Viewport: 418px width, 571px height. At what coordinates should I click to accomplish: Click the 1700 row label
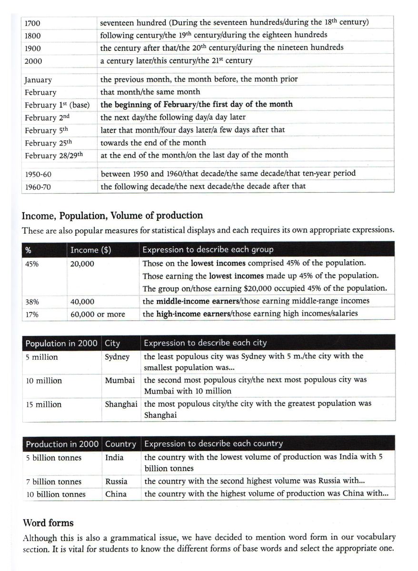coord(32,23)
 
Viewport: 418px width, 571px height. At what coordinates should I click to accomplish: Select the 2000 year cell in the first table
coord(33,61)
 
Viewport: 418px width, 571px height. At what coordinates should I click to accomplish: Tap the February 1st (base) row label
coord(57,105)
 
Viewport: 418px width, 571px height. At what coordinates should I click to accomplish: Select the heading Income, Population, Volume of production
coord(112,216)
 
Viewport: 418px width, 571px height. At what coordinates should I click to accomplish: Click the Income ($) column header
coord(90,250)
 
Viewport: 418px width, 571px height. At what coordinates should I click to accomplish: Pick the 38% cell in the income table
coord(32,302)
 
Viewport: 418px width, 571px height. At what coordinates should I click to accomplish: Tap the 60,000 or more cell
coord(98,314)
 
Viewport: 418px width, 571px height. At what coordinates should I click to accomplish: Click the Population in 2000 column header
coord(61,343)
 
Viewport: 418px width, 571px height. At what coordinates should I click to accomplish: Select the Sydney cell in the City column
coord(117,357)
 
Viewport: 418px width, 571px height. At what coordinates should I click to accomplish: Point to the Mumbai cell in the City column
coord(119,381)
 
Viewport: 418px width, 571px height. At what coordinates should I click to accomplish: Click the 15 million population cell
coord(44,404)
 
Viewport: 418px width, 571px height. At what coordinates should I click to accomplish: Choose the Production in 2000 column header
coord(62,444)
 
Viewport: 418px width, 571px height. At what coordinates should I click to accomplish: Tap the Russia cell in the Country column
coord(117,482)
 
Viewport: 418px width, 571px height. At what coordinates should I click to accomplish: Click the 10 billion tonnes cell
coord(56,494)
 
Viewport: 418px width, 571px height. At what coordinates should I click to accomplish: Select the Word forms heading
coord(48,523)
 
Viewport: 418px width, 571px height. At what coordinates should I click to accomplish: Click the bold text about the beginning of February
coord(196,105)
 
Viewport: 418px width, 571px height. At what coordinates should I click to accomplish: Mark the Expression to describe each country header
coord(213,444)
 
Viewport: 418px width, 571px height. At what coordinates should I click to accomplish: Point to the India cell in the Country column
coord(114,458)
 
